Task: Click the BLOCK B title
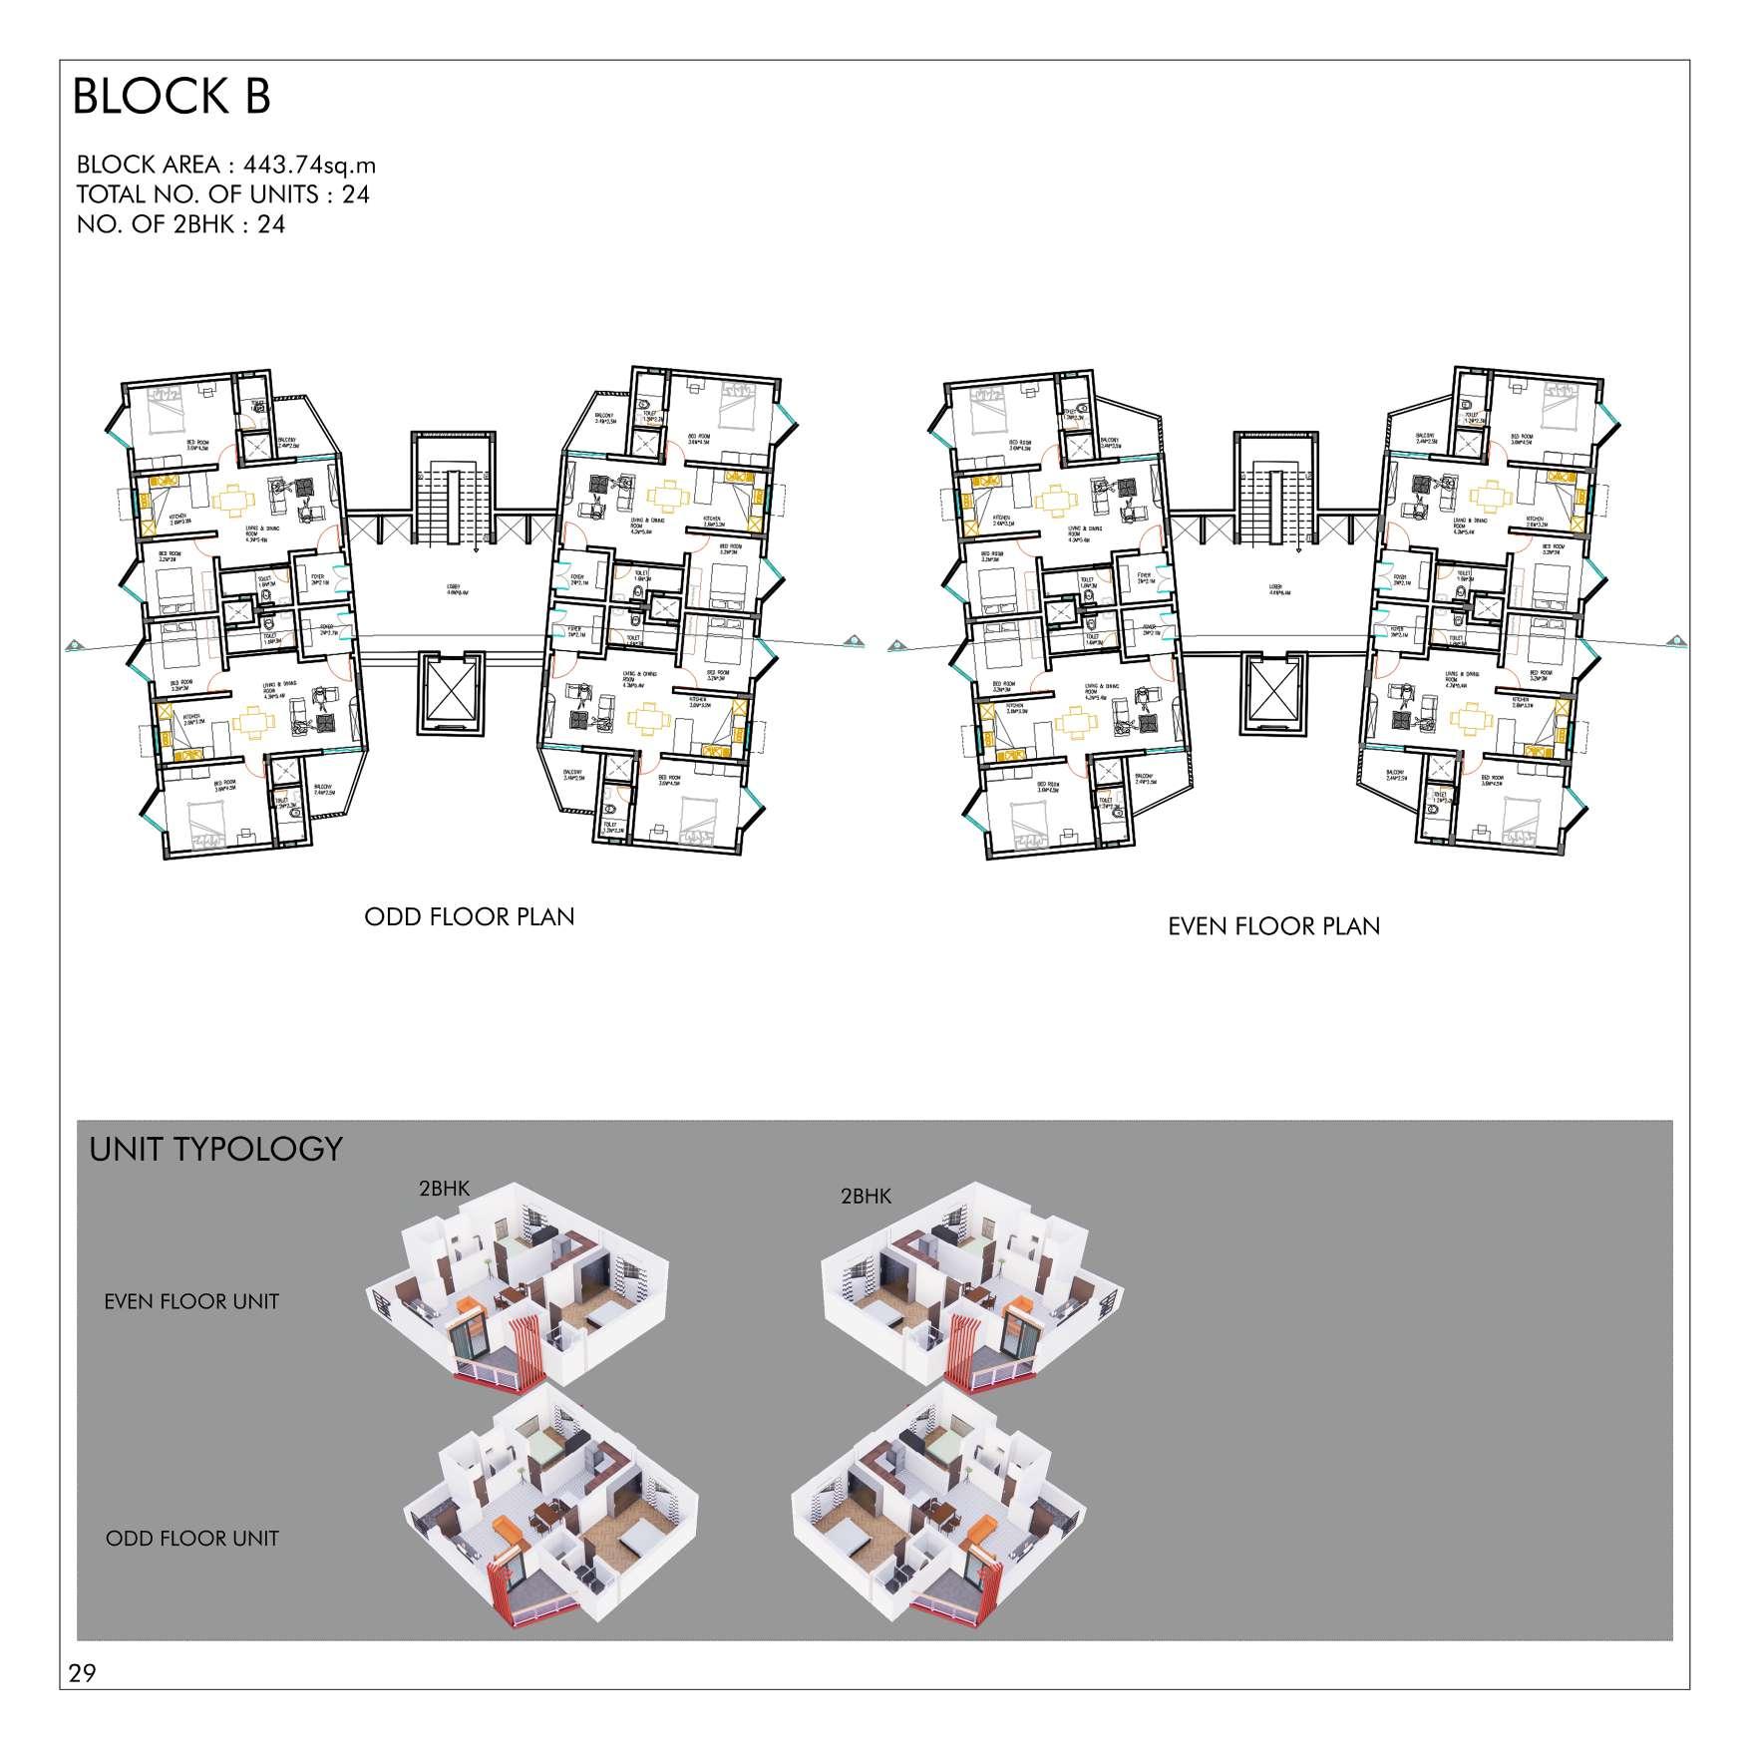(172, 98)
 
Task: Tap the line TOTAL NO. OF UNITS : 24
(222, 194)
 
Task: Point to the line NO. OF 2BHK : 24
(180, 224)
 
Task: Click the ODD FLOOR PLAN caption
(469, 916)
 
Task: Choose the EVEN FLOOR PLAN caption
(1273, 926)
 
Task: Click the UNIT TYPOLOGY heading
(215, 1149)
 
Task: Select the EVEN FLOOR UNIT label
(191, 1301)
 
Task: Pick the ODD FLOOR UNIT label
(191, 1538)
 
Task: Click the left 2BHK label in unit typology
(444, 1188)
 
